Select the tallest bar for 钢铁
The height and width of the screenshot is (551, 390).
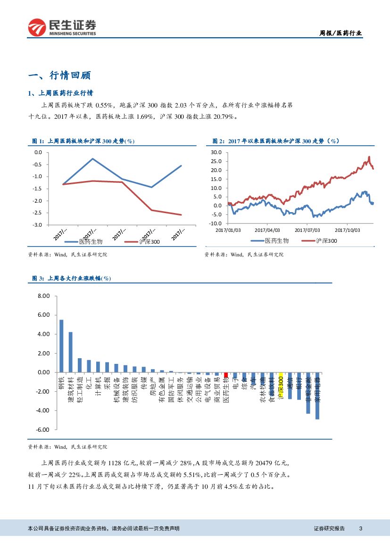click(61, 346)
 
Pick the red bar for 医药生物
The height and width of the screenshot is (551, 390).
click(226, 374)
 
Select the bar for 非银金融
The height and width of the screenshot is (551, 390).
click(308, 393)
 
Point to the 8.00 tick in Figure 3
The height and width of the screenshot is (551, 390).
click(43, 296)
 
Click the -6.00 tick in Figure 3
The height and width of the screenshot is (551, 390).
click(42, 429)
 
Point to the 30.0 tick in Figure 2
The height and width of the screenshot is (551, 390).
click(216, 152)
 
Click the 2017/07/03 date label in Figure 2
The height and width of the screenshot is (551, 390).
click(307, 230)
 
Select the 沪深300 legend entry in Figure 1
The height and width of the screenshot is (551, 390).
click(143, 241)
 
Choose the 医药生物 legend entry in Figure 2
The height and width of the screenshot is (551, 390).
click(270, 241)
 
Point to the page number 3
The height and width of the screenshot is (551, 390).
click(360, 528)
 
